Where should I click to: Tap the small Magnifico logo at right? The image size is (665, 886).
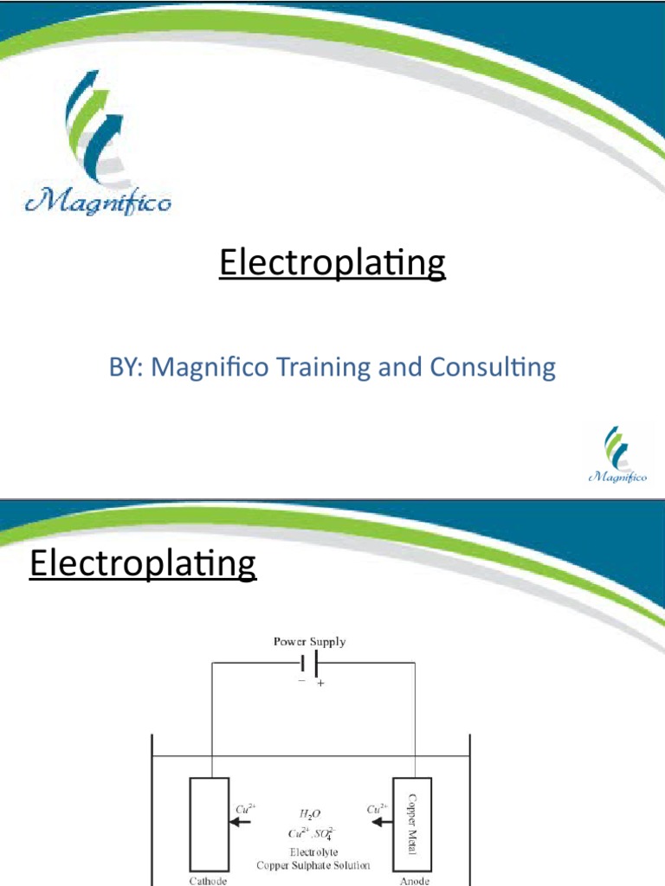coord(617,454)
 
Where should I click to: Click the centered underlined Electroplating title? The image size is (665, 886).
coord(332,264)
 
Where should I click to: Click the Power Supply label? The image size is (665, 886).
coord(310,642)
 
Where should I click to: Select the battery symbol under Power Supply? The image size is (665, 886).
coord(309,664)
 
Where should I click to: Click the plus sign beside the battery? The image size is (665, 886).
coord(320,684)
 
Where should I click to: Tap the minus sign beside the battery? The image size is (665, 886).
coord(301,682)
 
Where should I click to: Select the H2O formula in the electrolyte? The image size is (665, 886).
coord(308,814)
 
